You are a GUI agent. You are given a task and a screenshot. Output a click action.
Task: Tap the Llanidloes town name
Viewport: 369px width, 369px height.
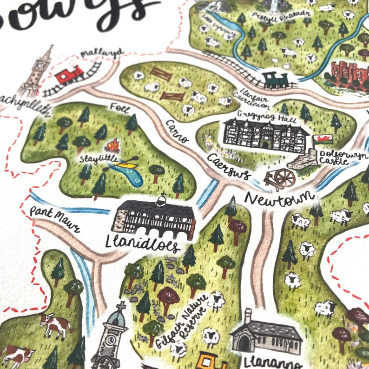[142, 244]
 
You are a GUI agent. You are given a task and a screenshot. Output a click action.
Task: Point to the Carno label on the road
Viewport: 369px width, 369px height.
[177, 132]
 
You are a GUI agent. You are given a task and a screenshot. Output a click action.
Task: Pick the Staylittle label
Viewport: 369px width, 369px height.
[98, 158]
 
